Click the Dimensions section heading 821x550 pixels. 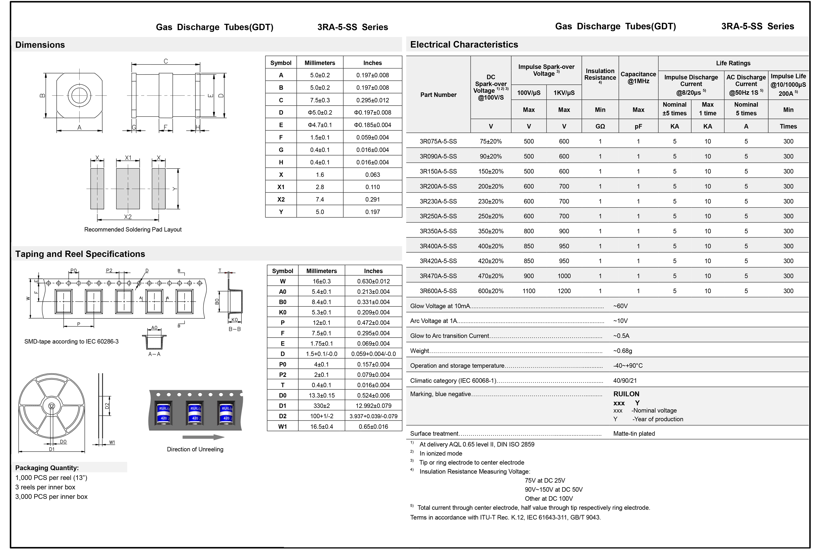[40, 45]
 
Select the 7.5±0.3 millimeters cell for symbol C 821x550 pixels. [320, 100]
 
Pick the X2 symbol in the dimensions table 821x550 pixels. [281, 199]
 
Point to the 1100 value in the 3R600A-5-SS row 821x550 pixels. [529, 291]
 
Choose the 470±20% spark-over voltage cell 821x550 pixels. [491, 276]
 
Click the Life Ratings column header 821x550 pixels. [733, 63]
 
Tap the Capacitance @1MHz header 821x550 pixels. [638, 77]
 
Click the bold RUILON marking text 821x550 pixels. [626, 394]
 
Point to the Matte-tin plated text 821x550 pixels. [634, 434]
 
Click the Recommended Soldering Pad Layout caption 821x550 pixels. [133, 229]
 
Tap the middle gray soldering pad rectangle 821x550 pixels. [128, 189]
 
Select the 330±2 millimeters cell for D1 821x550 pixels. [321, 406]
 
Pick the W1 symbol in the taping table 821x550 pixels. [283, 427]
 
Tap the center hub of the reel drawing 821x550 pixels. [52, 406]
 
